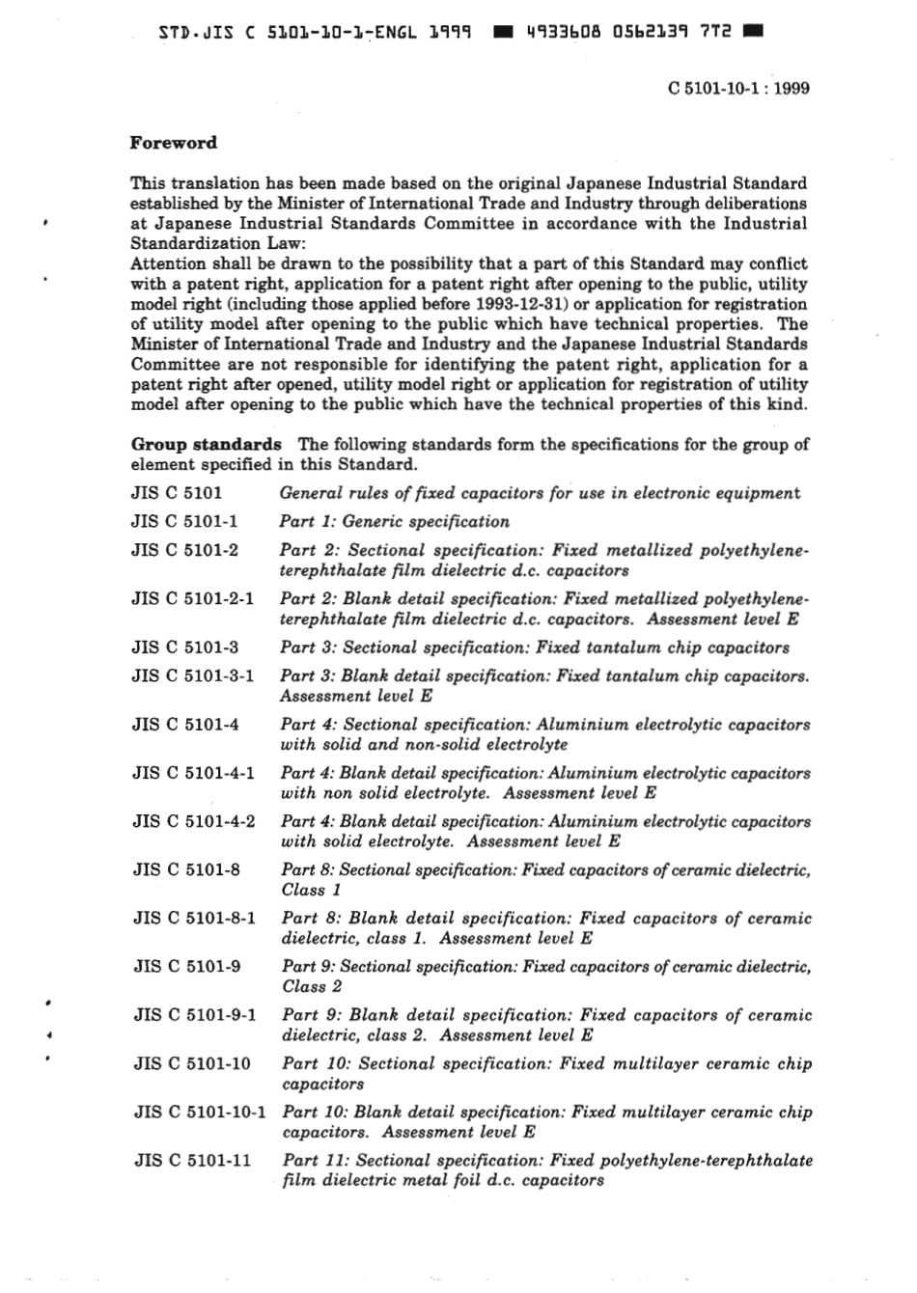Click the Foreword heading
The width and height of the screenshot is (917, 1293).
pyautogui.click(x=174, y=143)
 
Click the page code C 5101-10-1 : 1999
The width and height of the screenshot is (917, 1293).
pyautogui.click(x=738, y=88)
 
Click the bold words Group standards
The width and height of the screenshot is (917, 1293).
pyautogui.click(x=207, y=444)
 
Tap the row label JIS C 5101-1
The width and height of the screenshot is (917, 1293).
pyautogui.click(x=184, y=521)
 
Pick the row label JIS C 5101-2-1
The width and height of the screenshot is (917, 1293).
pyautogui.click(x=193, y=598)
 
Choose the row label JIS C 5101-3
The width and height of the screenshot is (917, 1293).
pyautogui.click(x=185, y=646)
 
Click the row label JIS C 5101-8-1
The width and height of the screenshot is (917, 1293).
pyautogui.click(x=194, y=918)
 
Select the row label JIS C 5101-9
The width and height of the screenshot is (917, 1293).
pyautogui.click(x=186, y=966)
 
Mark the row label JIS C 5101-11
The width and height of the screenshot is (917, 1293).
pyautogui.click(x=192, y=1160)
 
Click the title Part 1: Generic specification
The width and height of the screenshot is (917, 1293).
pyautogui.click(x=395, y=521)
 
